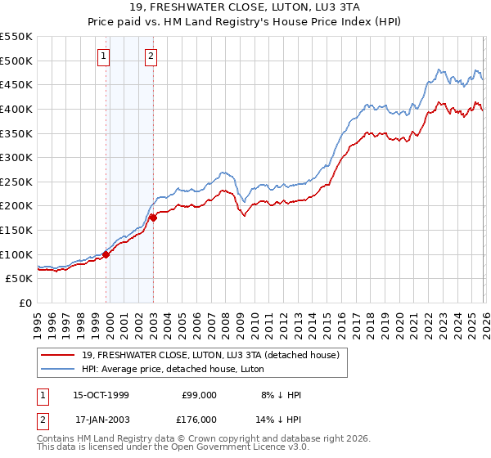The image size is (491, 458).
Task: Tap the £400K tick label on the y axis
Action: tap(16, 109)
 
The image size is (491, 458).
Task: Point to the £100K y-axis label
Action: tap(16, 254)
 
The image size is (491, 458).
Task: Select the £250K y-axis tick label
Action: tap(16, 182)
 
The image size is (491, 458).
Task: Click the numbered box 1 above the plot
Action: tap(105, 56)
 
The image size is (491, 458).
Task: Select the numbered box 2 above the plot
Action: tap(152, 56)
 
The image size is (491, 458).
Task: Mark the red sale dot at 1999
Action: tap(106, 255)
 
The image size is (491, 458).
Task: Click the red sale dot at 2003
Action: tap(153, 218)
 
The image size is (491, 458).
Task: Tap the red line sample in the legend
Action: tap(58, 354)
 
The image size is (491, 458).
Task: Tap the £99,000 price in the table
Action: tap(199, 395)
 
